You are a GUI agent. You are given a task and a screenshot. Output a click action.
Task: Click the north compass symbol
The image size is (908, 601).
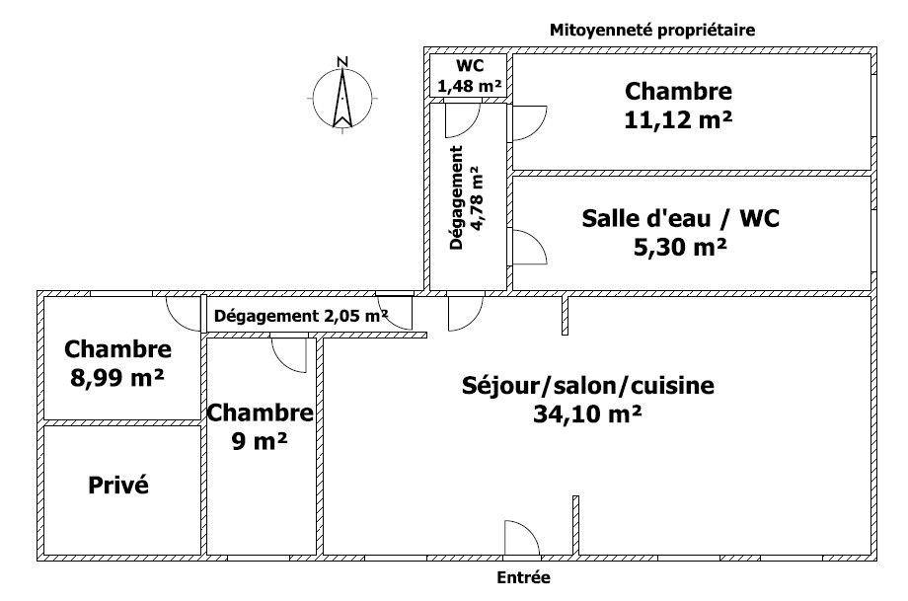click(342, 99)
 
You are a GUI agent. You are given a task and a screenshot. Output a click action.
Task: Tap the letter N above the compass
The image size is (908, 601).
click(342, 62)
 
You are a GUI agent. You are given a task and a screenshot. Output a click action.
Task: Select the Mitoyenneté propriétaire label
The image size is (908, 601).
click(652, 31)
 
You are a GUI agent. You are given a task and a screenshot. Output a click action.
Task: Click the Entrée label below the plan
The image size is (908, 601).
click(523, 577)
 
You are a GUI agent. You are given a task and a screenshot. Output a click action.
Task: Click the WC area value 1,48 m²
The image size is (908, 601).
click(469, 86)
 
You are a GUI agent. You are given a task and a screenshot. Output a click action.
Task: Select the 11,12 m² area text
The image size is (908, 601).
click(678, 119)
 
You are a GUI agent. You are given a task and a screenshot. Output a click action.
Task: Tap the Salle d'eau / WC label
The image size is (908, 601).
click(680, 218)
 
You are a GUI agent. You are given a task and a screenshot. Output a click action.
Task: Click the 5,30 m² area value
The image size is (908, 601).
click(680, 248)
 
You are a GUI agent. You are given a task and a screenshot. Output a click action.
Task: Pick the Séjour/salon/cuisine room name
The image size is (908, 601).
click(588, 386)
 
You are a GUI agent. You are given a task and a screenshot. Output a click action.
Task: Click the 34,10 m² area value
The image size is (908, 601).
click(587, 413)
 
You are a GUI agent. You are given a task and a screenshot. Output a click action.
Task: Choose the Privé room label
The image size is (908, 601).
click(118, 486)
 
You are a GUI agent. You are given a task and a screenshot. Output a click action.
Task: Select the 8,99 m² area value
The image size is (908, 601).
click(117, 378)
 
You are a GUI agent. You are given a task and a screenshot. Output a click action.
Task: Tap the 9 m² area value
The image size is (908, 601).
click(260, 442)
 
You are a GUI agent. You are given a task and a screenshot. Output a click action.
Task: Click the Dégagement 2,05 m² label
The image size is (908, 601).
click(301, 316)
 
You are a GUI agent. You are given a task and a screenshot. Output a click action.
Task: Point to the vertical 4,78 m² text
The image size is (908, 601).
click(476, 198)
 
